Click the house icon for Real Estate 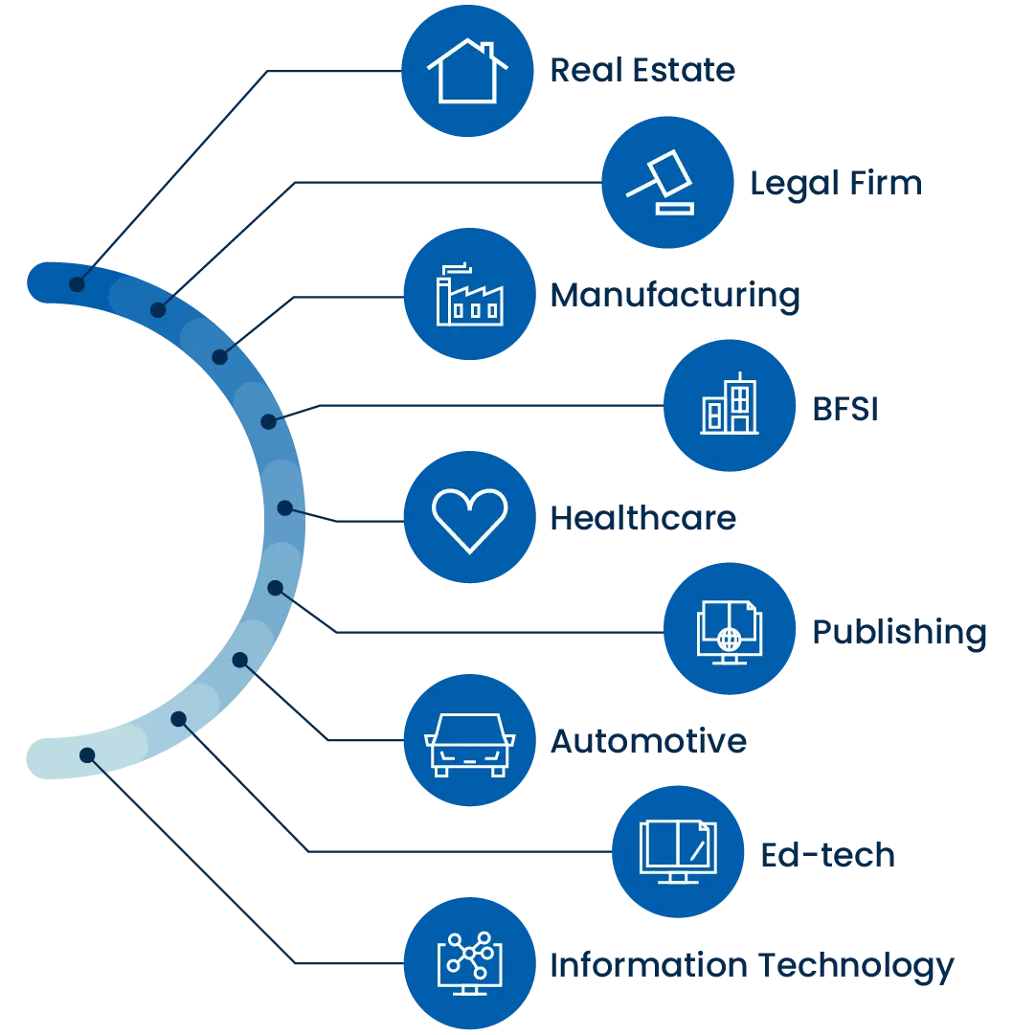[467, 71]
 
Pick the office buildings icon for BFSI [730, 405]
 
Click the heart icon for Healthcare [469, 518]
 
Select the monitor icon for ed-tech [678, 851]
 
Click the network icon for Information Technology [469, 962]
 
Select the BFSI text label [845, 406]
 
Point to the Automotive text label [647, 742]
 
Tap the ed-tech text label [826, 855]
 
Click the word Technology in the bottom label [857, 966]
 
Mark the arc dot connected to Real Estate [77, 284]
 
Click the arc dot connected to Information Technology [87, 755]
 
